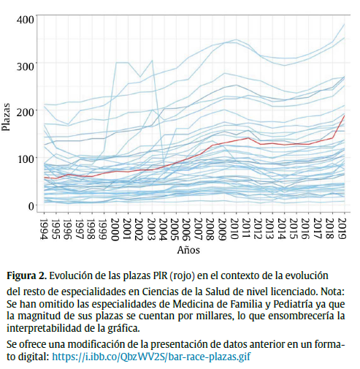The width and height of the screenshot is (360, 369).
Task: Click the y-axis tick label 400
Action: [26, 20]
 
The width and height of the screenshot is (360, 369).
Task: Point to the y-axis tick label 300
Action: [26, 66]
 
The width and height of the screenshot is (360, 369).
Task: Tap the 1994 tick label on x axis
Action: [45, 228]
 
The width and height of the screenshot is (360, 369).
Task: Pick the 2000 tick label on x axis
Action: [115, 228]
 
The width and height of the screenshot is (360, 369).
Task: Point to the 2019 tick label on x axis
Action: [342, 228]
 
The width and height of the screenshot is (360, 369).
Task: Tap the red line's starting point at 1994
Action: [45, 178]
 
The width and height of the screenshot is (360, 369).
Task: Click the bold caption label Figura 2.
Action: [26, 276]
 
